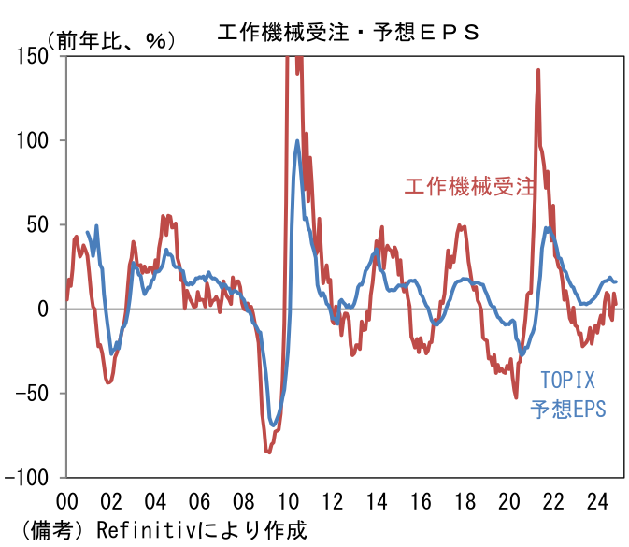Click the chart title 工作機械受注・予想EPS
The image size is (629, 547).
pos(348,33)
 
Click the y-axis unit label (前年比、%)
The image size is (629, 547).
pos(111,40)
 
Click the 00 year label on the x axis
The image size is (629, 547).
pos(66,501)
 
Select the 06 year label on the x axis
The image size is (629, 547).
pos(199,501)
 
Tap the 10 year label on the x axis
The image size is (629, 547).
pos(288,501)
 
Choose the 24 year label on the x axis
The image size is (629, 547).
pos(597,501)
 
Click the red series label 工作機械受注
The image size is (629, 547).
pos(469,186)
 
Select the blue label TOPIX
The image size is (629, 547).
pos(567,380)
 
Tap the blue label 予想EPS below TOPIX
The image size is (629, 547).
pos(567,409)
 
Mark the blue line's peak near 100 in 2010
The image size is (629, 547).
pos(297,141)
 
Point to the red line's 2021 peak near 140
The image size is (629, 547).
pos(538,70)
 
